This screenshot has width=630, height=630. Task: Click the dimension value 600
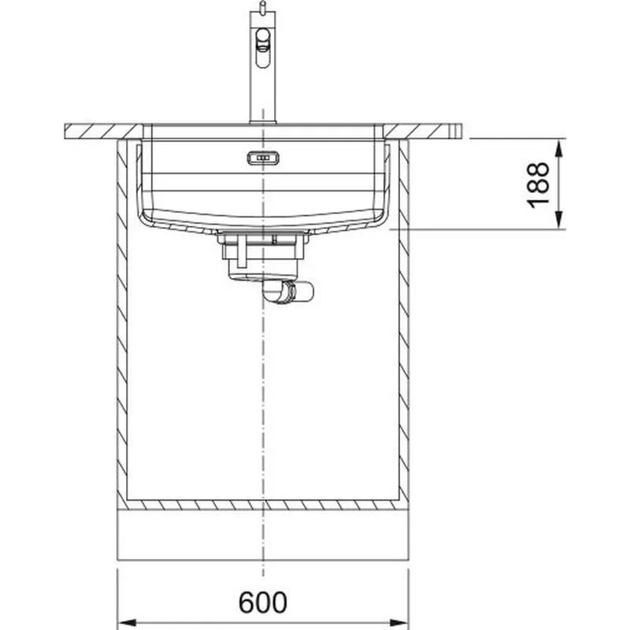pos(263,602)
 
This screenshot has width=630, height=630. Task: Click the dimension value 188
pos(538,185)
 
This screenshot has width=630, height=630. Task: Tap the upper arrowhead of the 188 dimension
pos(559,148)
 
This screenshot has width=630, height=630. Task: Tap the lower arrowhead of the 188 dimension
pos(559,220)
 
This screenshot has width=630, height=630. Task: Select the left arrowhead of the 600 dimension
pos(128,623)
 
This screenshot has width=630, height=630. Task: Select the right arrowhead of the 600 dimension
pos(398,623)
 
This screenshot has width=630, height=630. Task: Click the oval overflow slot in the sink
pos(263,158)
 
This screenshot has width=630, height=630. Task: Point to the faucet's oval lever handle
pos(263,47)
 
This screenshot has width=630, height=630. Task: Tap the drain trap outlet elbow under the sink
pos(288,291)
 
